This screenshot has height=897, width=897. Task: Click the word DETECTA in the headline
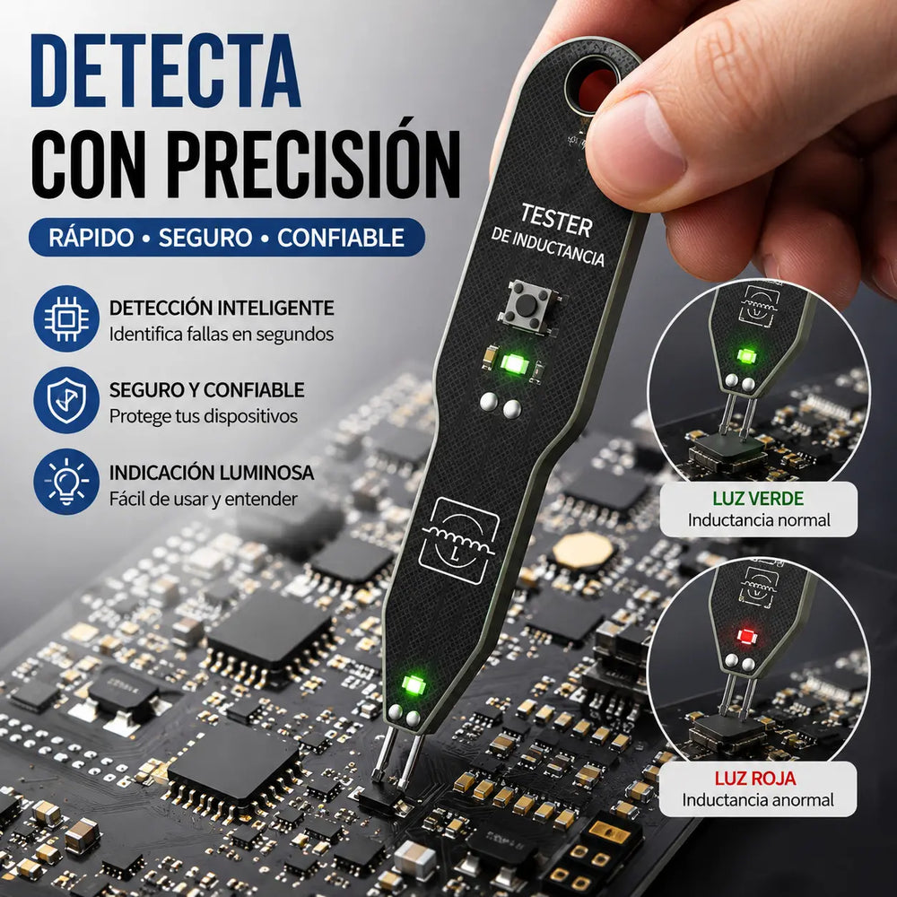click(165, 71)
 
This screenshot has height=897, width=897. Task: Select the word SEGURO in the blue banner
click(205, 238)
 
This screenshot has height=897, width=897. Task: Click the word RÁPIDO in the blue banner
click(91, 237)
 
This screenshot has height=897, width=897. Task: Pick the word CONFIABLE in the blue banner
click(341, 238)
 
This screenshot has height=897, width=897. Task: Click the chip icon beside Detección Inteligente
click(66, 318)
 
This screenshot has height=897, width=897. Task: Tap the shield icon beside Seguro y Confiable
click(66, 400)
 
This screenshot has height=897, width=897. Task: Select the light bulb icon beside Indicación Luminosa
click(66, 482)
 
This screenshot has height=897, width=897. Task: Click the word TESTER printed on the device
click(556, 220)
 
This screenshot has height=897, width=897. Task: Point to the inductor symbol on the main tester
click(458, 540)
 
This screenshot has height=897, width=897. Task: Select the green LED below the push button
click(513, 362)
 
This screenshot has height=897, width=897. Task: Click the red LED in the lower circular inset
click(746, 636)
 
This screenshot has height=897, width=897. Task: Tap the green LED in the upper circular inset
click(746, 355)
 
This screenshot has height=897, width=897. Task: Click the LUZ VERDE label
click(758, 498)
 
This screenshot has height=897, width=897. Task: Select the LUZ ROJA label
click(755, 778)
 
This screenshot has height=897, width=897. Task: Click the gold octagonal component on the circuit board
click(583, 551)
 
